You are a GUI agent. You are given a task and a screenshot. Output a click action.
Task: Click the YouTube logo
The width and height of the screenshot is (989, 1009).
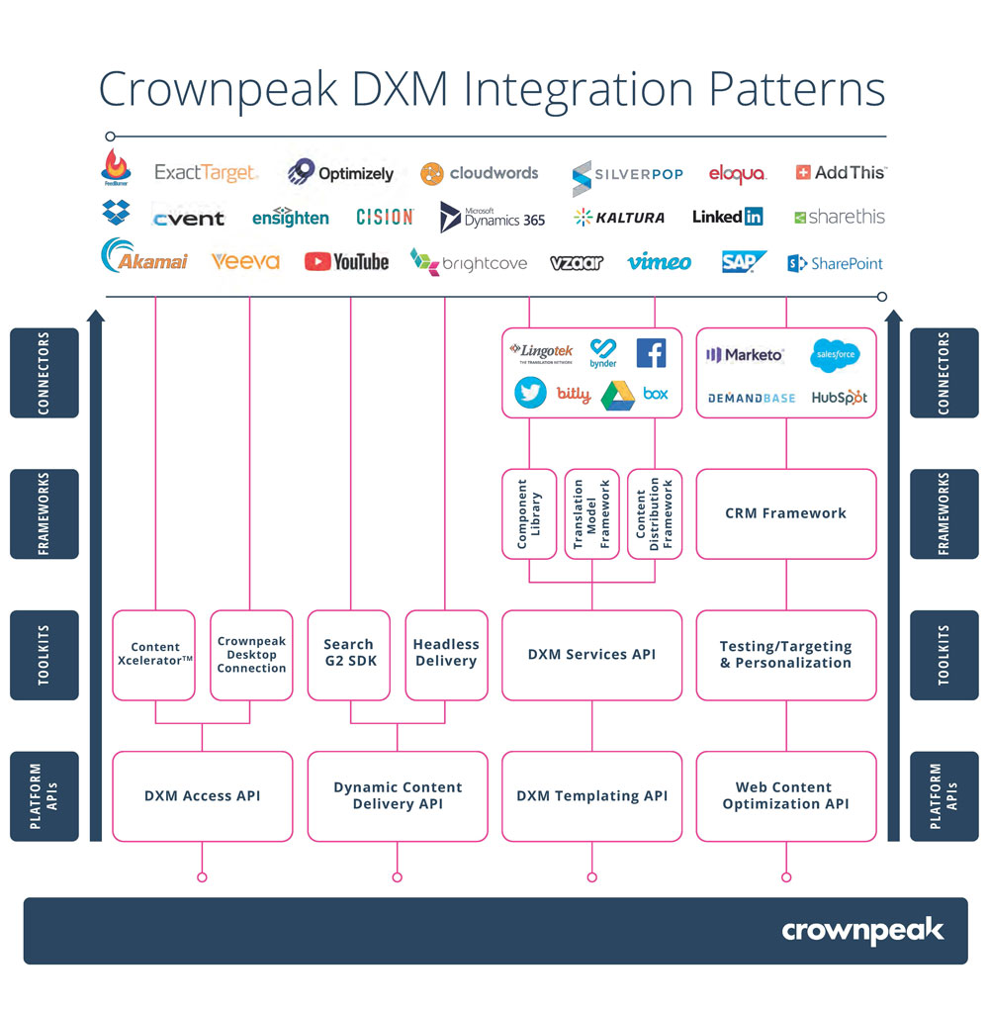[346, 261]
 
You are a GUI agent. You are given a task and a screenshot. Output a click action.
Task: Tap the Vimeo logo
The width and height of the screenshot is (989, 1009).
[659, 262]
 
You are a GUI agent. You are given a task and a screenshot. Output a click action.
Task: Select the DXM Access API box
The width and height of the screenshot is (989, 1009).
[202, 796]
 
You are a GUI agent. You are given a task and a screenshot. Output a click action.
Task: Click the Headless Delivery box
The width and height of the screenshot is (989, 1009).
[446, 654]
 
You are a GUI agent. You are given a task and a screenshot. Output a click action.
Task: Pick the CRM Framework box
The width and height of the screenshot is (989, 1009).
[786, 513]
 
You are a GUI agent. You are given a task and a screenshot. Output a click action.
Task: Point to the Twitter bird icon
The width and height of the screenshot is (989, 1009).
[530, 393]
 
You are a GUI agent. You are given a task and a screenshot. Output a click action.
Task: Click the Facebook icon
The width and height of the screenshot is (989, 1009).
[651, 352]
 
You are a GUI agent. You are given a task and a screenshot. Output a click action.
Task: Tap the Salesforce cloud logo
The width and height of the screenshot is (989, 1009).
[834, 354]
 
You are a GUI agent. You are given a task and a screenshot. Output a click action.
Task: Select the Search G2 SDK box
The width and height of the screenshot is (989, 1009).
[349, 654]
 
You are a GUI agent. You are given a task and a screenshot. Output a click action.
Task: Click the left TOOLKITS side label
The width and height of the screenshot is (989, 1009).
[44, 654]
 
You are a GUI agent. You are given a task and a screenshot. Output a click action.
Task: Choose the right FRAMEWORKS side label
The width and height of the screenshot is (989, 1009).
[944, 513]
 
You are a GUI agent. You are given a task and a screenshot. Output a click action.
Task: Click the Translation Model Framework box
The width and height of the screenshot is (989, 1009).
[591, 513]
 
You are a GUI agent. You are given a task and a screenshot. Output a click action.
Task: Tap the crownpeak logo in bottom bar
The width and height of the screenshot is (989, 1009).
[862, 931]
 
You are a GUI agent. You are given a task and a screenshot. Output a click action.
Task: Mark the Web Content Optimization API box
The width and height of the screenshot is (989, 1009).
[786, 796]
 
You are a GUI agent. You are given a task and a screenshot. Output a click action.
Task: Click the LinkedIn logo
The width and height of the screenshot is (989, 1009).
[727, 217]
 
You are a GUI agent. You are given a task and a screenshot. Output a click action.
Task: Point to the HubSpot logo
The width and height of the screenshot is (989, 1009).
[839, 397]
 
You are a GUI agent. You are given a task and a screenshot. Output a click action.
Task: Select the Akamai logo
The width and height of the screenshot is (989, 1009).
[144, 258]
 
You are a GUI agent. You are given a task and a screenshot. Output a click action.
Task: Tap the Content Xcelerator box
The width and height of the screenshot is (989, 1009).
[154, 654]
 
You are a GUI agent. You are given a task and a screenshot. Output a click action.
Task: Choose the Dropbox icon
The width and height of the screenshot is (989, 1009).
[116, 212]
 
